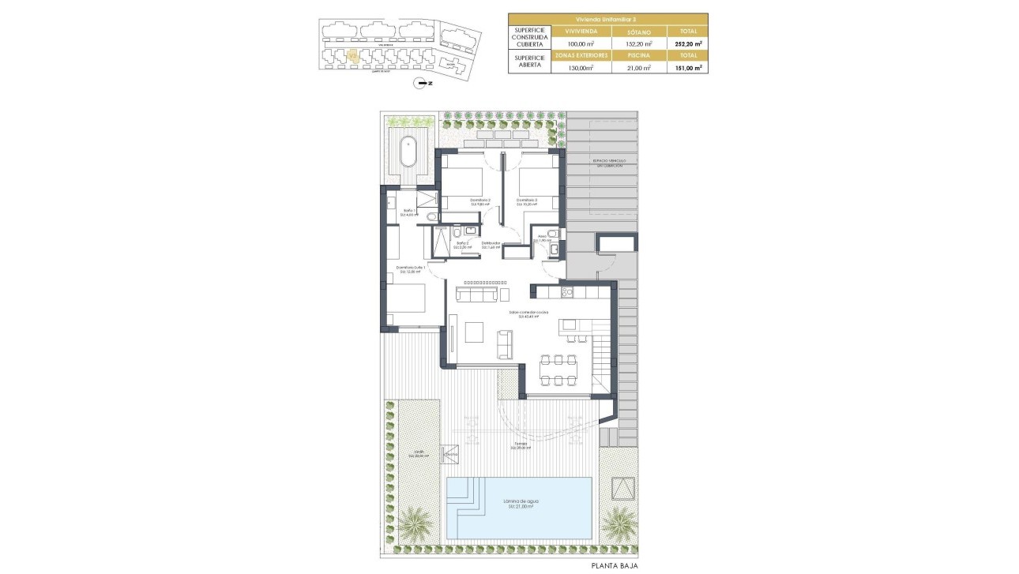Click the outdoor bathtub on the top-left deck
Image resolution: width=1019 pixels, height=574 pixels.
click(x=408, y=152)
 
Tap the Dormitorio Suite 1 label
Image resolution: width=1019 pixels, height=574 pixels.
click(x=411, y=269)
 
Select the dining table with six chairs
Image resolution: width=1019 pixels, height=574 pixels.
click(x=558, y=370)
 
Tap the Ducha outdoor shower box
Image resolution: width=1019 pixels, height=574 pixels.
click(x=451, y=454)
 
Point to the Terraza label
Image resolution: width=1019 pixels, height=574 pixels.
click(x=521, y=446)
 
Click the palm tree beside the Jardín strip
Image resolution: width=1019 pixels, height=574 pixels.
click(x=415, y=522)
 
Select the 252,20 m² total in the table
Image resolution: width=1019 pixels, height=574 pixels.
click(x=687, y=44)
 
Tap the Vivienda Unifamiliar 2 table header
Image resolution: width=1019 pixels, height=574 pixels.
click(x=607, y=19)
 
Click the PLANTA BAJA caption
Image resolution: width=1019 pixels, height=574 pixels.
click(x=615, y=565)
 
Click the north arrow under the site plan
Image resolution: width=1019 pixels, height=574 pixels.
click(x=423, y=83)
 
